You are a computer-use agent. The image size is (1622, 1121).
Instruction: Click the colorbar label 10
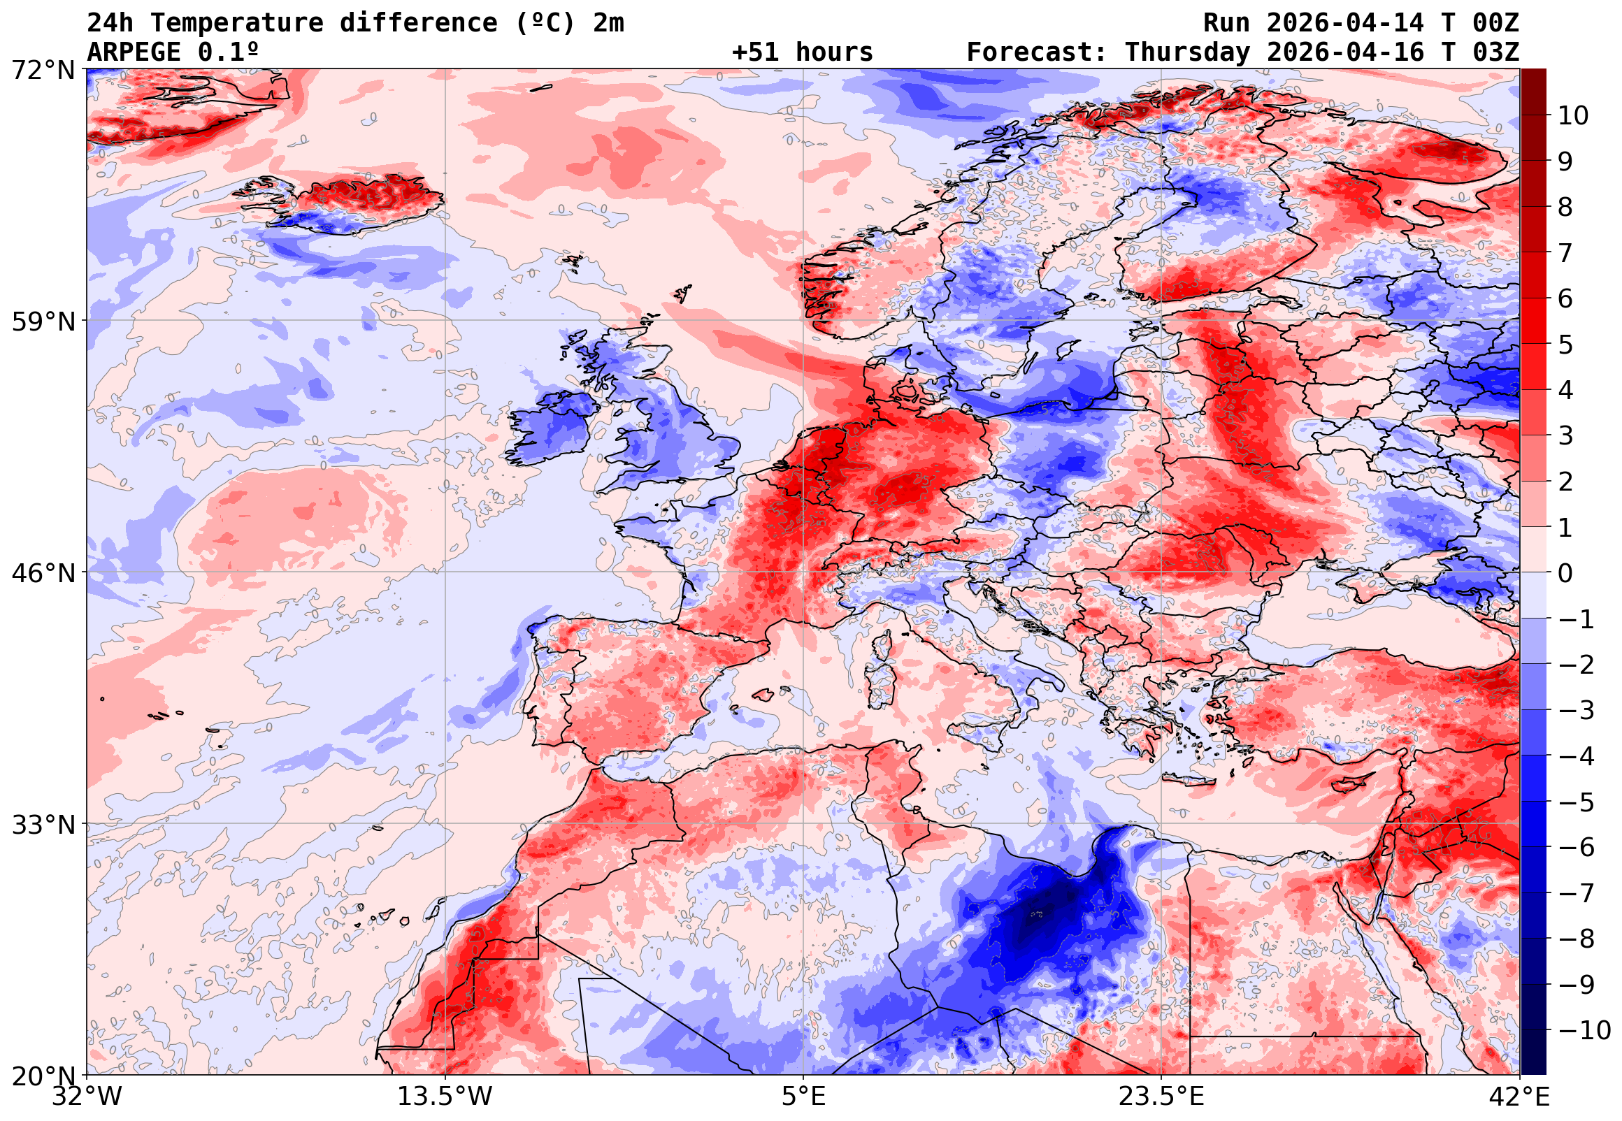click(1573, 116)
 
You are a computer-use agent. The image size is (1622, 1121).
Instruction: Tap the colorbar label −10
click(1584, 1030)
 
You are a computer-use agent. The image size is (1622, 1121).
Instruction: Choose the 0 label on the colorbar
click(1565, 573)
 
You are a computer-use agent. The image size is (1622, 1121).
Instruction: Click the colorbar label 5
click(1565, 345)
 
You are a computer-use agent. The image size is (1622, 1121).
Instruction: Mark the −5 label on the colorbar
click(1577, 802)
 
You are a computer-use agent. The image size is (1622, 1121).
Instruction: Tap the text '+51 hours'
click(802, 52)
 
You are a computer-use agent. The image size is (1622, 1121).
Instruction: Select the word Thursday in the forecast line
click(1187, 52)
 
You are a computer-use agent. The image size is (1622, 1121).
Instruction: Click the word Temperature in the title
click(237, 23)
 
